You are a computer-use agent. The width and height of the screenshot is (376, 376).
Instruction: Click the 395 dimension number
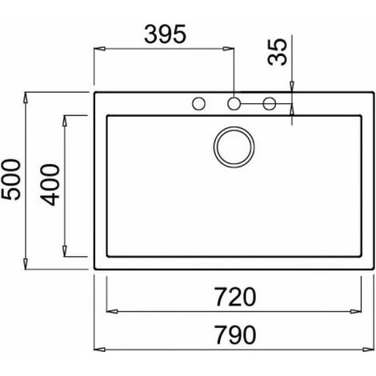point(165,34)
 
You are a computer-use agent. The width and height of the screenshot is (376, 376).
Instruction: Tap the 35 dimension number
point(278,52)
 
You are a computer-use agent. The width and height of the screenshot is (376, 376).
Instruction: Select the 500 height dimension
point(10,179)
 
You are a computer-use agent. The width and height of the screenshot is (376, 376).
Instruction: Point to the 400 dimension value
point(50,185)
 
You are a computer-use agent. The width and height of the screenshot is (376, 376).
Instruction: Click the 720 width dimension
point(235,297)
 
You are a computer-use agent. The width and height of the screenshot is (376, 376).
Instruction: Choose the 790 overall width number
point(235,334)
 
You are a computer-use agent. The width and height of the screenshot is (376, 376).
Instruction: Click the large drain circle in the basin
point(234,147)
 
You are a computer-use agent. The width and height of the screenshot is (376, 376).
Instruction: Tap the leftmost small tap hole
point(198,103)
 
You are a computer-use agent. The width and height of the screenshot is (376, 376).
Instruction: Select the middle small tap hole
point(234,103)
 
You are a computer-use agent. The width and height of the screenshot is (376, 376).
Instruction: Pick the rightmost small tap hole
point(270,103)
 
